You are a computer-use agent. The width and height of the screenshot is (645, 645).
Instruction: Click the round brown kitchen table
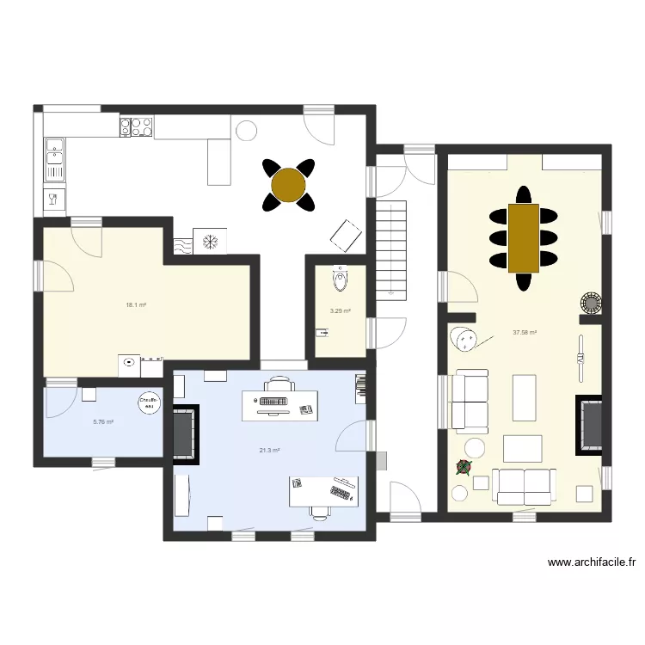click(288, 184)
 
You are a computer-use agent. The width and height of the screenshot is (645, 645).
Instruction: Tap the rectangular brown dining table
click(524, 237)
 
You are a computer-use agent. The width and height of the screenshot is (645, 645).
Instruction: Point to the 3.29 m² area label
click(340, 311)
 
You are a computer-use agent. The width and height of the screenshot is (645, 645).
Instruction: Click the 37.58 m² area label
click(525, 333)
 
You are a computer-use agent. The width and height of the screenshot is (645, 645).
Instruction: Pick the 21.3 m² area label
click(269, 450)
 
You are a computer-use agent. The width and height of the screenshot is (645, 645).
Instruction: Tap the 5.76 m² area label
click(103, 421)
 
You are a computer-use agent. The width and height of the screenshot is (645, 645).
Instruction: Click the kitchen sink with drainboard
click(54, 159)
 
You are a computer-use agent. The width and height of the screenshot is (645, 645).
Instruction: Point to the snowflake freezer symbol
click(210, 242)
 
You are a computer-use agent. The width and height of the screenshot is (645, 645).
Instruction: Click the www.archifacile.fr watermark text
click(592, 563)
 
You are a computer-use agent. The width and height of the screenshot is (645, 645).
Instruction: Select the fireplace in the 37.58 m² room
click(590, 426)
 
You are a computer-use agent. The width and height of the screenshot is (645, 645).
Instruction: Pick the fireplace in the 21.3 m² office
click(185, 433)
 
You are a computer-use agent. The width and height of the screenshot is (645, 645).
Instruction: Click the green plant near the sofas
click(464, 467)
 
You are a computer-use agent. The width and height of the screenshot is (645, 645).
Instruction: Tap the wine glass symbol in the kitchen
click(52, 201)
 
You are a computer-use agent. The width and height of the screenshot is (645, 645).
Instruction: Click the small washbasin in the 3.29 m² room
click(322, 332)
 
